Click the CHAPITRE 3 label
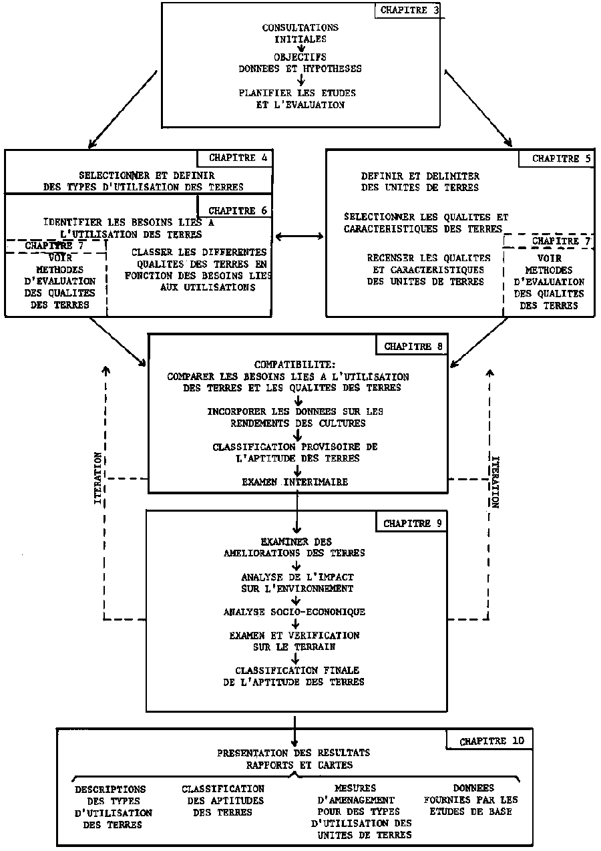pyautogui.click(x=408, y=11)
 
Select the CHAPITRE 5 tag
pyautogui.click(x=556, y=159)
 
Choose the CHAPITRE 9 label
pyautogui.click(x=412, y=524)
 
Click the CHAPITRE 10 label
pyautogui.click(x=491, y=741)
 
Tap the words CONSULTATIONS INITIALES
pyautogui.click(x=300, y=33)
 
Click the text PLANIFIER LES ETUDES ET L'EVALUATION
pyautogui.click(x=297, y=98)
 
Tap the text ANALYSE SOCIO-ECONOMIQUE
pyautogui.click(x=294, y=611)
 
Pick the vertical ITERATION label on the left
pyautogui.click(x=99, y=478)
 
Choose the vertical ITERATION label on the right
pyautogui.click(x=495, y=482)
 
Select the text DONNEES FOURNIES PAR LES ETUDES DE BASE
pyautogui.click(x=471, y=800)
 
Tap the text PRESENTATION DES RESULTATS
pyautogui.click(x=294, y=753)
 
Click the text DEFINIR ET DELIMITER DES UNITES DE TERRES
pyautogui.click(x=420, y=182)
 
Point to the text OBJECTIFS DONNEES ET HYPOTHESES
pyautogui.click(x=300, y=62)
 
